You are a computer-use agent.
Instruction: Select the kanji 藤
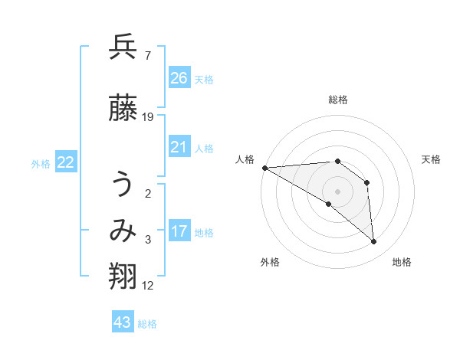point(123,109)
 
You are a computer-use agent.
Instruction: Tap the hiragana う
point(123,184)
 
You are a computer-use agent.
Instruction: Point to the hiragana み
point(123,231)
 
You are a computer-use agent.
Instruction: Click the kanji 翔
point(123,277)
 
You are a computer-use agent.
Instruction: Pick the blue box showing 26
point(179,77)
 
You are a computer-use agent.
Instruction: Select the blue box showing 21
point(179,147)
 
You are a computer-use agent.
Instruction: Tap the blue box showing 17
point(179,231)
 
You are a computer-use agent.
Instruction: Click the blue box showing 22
point(66,162)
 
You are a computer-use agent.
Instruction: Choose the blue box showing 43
point(123,322)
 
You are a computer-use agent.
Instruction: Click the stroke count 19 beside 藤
point(148,116)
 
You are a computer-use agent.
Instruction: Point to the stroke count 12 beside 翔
point(148,286)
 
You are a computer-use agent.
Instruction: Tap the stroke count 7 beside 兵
point(147,55)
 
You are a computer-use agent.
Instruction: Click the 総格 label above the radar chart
point(338,100)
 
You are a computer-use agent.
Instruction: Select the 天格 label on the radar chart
point(432,159)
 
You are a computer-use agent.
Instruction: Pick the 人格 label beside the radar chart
point(245,159)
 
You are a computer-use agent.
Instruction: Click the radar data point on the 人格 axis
point(264,167)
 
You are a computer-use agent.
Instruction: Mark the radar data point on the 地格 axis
point(374,242)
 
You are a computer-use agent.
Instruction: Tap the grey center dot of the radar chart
point(337,191)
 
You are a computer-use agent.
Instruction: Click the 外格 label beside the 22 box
point(41,163)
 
